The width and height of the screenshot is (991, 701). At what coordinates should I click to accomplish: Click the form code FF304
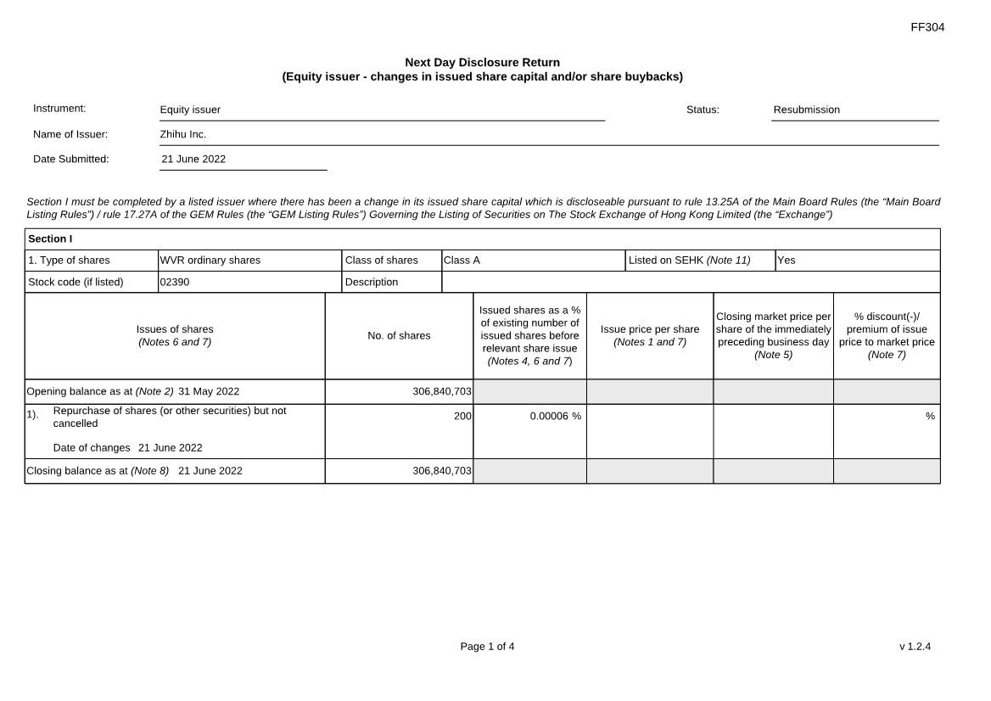[927, 27]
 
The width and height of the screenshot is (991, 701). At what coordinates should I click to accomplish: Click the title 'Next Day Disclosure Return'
[482, 62]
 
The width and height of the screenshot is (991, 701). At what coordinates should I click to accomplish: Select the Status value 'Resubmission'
[806, 109]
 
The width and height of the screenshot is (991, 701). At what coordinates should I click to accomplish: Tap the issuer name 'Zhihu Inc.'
[183, 134]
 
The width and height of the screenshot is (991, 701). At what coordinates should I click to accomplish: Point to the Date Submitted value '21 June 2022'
[193, 159]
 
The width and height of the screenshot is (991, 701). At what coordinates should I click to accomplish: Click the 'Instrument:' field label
[59, 109]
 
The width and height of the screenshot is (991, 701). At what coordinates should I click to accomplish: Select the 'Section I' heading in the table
[50, 238]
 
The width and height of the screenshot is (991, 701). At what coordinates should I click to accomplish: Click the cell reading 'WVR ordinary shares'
[210, 261]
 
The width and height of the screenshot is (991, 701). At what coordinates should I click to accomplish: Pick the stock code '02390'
[175, 282]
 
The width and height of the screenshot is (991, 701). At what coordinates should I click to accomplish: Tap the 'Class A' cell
[462, 261]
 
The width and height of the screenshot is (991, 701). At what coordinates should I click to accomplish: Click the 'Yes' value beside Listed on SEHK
[787, 261]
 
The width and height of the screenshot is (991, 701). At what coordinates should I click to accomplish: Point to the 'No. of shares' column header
[399, 336]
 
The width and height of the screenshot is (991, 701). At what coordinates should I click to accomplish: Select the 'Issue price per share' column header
[650, 329]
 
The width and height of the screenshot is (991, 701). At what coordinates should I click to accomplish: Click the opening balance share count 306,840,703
[442, 392]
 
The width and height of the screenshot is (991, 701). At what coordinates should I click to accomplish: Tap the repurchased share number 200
[462, 416]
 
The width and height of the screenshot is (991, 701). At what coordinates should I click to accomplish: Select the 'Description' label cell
[372, 282]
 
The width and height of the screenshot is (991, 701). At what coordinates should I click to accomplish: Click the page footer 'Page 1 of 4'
[487, 647]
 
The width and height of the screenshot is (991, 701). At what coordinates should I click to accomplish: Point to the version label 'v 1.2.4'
[915, 647]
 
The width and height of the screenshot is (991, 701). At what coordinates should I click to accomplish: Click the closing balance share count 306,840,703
[442, 471]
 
